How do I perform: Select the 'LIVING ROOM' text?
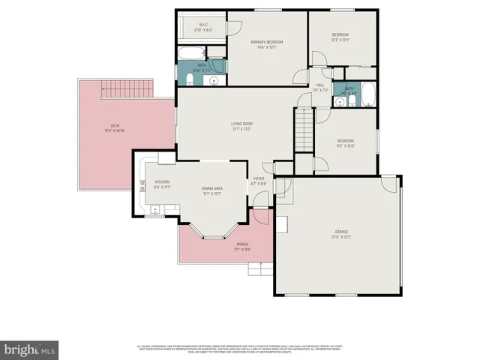click(x=241, y=124)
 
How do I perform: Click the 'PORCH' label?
click(x=242, y=244)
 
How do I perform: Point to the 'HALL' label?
click(x=319, y=85)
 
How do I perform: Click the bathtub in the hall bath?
click(x=368, y=94)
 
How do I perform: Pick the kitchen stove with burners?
click(x=141, y=186)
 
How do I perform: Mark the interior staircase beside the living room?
click(x=302, y=129)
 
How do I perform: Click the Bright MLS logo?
click(x=30, y=349)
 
